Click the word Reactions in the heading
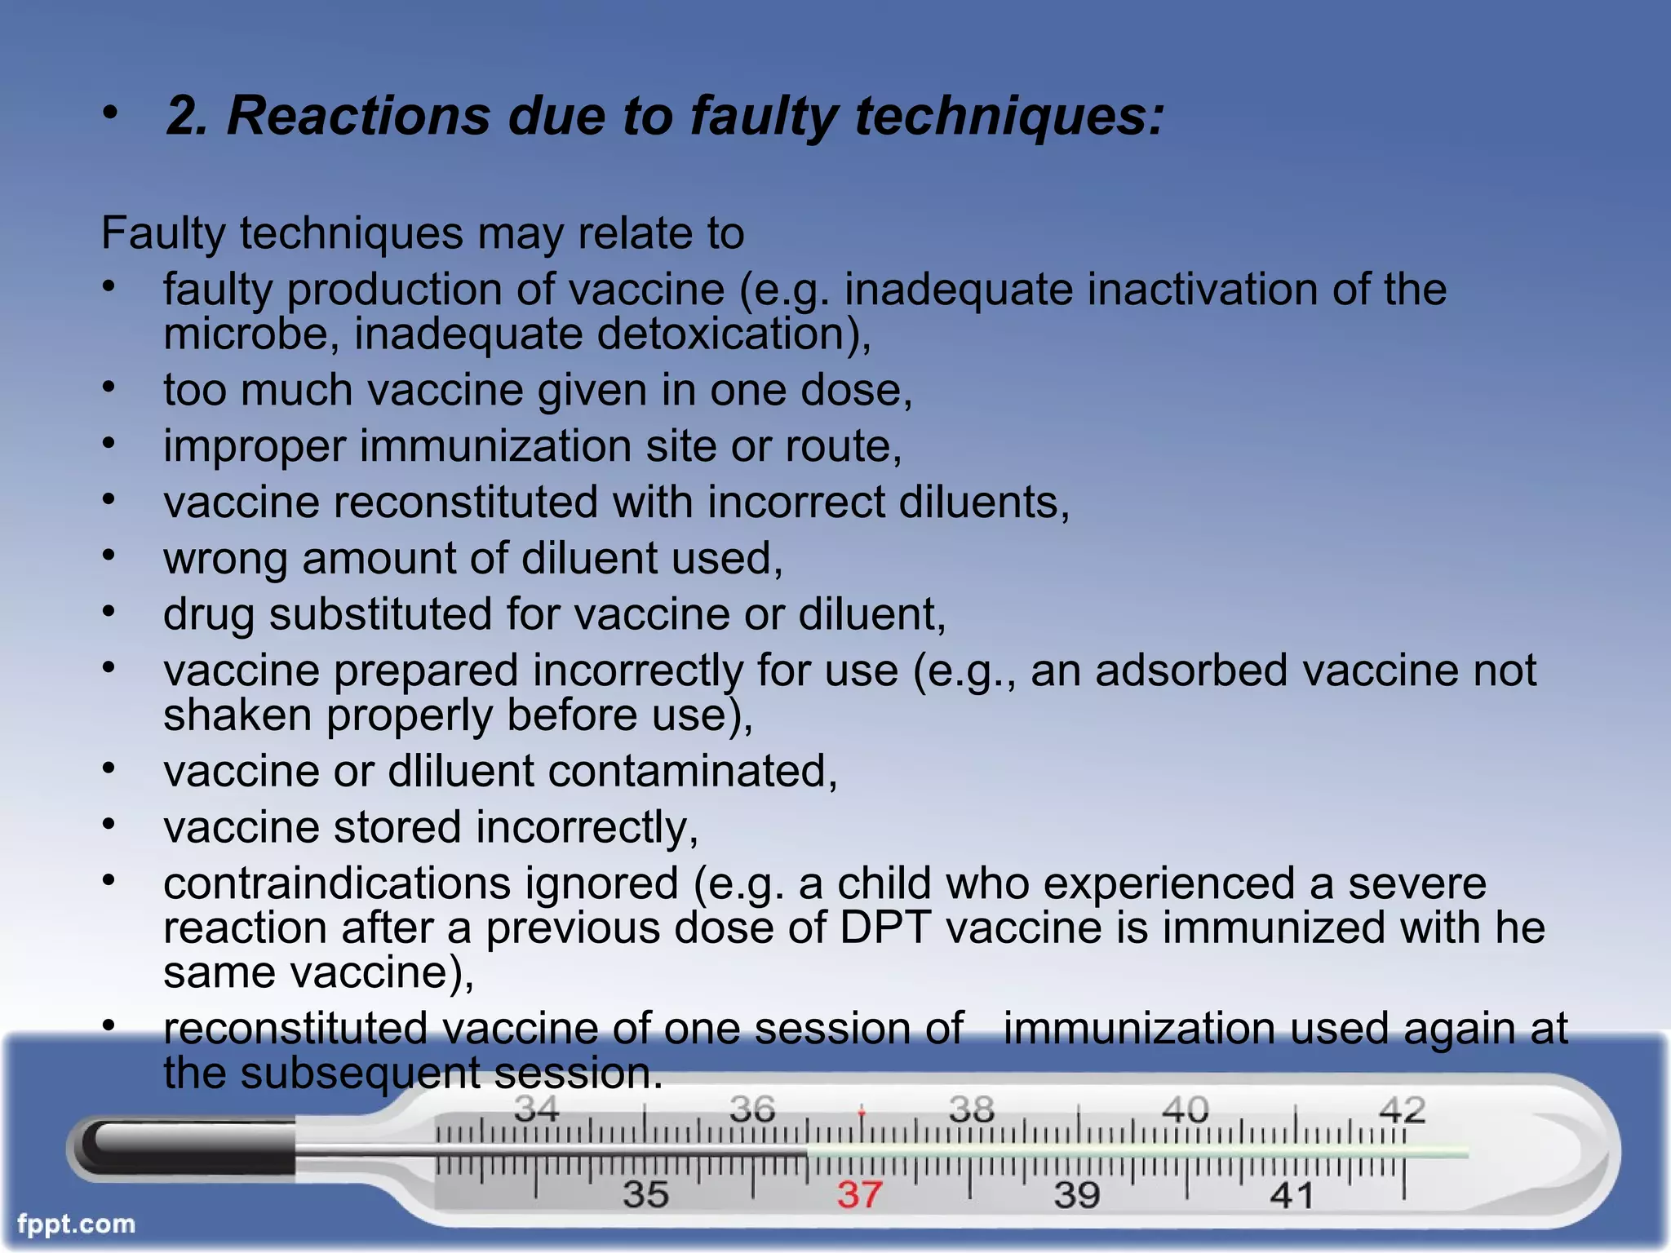(x=358, y=116)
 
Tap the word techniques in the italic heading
(x=1008, y=116)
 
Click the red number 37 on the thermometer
(x=859, y=1195)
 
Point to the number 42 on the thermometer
(x=1402, y=1110)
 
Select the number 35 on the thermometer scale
(x=645, y=1195)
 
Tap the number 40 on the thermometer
(x=1185, y=1110)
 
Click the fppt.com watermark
(x=76, y=1224)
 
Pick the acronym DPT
(x=885, y=928)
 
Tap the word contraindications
(x=338, y=883)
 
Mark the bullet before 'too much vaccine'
(x=109, y=387)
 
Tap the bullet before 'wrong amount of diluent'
(x=109, y=556)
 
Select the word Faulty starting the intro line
(x=163, y=233)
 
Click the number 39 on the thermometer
(x=1076, y=1195)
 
